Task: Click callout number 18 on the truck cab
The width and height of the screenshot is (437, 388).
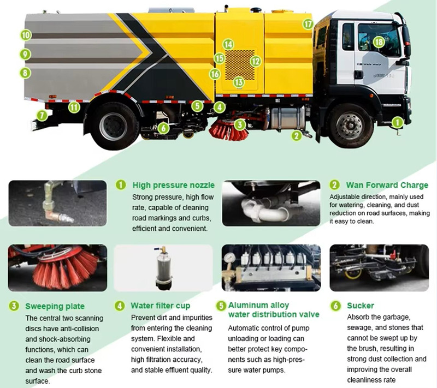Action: pyautogui.click(x=379, y=41)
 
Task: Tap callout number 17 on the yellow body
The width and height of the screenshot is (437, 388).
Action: pyautogui.click(x=308, y=24)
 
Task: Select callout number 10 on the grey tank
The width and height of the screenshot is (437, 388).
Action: pyautogui.click(x=26, y=35)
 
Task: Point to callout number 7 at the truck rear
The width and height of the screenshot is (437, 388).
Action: pyautogui.click(x=42, y=115)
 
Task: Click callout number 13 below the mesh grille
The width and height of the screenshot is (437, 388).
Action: pyautogui.click(x=238, y=82)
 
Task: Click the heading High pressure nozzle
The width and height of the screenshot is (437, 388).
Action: pyautogui.click(x=173, y=185)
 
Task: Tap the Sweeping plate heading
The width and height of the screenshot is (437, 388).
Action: pyautogui.click(x=54, y=306)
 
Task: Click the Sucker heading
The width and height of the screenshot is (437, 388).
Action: pyautogui.click(x=361, y=306)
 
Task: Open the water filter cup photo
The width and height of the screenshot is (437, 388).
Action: pyautogui.click(x=163, y=267)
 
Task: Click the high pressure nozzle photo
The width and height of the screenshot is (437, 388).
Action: pyautogui.click(x=57, y=203)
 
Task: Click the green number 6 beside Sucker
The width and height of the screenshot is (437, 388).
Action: pyautogui.click(x=336, y=306)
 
